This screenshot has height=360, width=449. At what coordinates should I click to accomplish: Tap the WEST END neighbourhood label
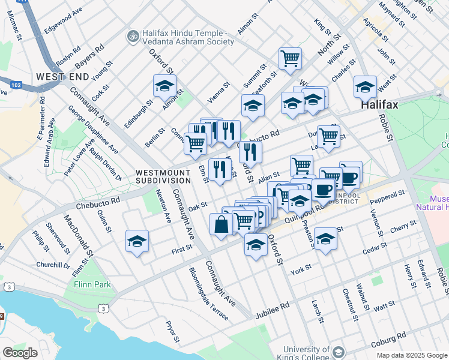(x=62, y=77)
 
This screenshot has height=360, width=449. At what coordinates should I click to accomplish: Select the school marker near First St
(x=137, y=242)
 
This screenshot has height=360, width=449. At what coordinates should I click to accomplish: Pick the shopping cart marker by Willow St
(x=290, y=59)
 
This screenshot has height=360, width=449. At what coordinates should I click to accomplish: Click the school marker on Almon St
(x=164, y=86)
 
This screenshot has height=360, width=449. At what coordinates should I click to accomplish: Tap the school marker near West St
(x=365, y=88)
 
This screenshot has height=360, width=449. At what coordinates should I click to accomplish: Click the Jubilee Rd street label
(x=272, y=305)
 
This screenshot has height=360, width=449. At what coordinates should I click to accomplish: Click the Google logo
(x=20, y=353)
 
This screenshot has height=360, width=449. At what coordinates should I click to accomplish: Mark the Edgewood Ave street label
(x=64, y=19)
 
